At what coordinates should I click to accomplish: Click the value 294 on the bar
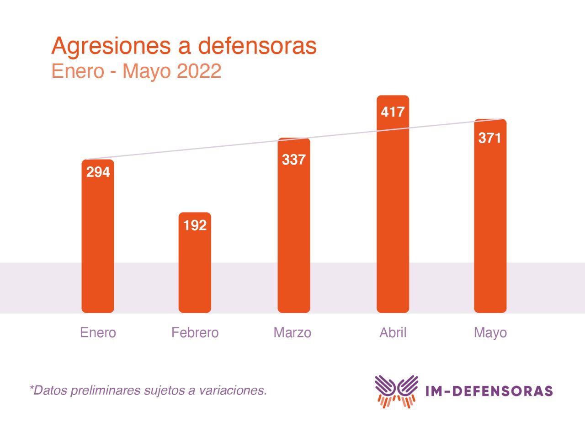(98, 172)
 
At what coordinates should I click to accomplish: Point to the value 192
(195, 225)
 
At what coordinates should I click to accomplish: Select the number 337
(294, 160)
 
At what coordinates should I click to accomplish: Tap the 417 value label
(393, 112)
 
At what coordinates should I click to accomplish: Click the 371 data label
(490, 138)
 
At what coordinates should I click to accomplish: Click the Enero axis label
(98, 332)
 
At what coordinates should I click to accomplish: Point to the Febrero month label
(195, 332)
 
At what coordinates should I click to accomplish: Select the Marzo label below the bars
(292, 332)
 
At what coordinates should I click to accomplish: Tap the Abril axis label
(393, 332)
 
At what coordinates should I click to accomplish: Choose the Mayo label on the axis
(490, 333)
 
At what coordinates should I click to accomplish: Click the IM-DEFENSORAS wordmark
(489, 391)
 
